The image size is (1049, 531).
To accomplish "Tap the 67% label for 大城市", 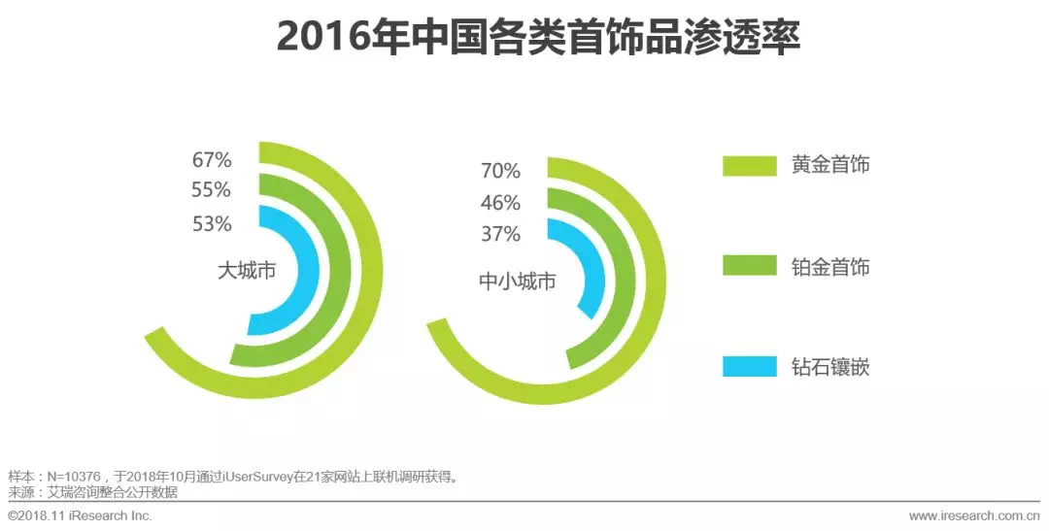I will [x=211, y=159].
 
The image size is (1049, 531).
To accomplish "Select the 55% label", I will [x=211, y=190].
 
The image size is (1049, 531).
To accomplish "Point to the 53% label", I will [x=211, y=224].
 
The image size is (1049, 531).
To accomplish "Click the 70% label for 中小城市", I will [x=500, y=172].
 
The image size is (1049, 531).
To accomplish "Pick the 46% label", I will [x=500, y=203].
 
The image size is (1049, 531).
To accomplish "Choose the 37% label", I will [x=500, y=234].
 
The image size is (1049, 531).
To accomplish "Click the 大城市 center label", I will [x=247, y=271].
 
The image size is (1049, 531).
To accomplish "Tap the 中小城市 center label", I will [x=518, y=282].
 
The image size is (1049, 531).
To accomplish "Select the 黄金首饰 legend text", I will [x=829, y=165].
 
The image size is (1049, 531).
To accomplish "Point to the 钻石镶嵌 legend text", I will [x=829, y=367].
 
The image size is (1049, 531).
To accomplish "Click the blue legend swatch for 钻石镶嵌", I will [x=750, y=367].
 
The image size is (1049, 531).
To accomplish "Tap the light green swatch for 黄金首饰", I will [x=750, y=165].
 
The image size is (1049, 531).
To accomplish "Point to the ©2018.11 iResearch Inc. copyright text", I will [x=80, y=514].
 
